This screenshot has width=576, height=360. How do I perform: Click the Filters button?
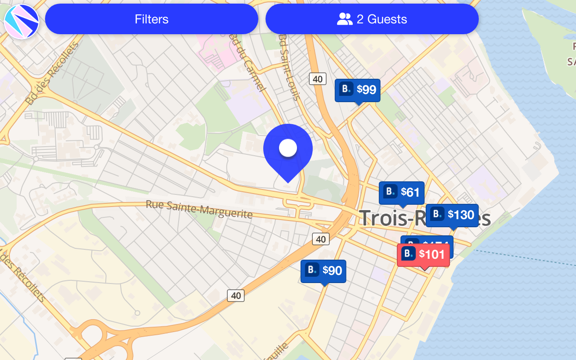point(152,19)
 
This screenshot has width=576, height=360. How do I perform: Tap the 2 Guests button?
point(372,19)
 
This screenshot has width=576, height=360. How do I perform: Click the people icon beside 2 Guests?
point(345,19)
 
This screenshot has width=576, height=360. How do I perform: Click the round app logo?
point(22,22)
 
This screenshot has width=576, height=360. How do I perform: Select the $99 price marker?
point(358,90)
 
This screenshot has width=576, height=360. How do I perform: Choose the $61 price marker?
point(401,193)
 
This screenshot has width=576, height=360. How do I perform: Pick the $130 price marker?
point(452,215)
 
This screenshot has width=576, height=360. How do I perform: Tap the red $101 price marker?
point(423,255)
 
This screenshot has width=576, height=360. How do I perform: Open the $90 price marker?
point(323,271)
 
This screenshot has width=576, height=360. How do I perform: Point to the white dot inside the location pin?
point(288,148)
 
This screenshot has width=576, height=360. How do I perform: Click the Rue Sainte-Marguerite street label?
point(199,209)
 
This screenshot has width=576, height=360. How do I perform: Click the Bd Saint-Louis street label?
point(288,67)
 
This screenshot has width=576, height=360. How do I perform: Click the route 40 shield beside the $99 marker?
point(317,79)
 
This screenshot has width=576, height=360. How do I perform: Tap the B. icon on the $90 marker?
point(312,270)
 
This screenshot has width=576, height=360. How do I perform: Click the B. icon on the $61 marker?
point(390,192)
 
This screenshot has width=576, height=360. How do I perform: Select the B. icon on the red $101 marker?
point(408,254)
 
